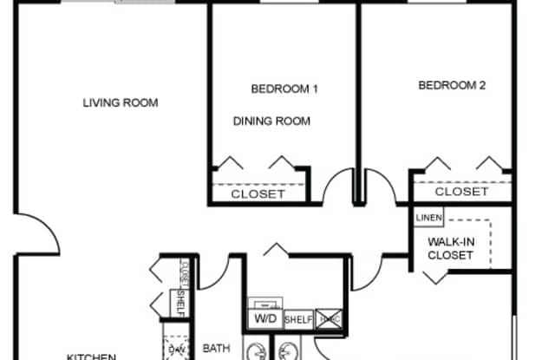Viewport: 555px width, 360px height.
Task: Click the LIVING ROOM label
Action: click(x=121, y=102)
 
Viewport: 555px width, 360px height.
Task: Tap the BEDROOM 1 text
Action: click(x=284, y=88)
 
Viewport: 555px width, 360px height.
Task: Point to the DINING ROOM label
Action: click(x=271, y=121)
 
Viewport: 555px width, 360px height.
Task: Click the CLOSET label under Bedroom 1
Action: click(x=258, y=194)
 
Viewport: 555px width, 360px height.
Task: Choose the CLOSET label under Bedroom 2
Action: click(x=461, y=192)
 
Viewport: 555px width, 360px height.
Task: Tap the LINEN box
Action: click(x=428, y=218)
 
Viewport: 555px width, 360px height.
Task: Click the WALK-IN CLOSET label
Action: click(x=451, y=248)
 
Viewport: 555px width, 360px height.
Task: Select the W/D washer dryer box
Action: click(x=264, y=318)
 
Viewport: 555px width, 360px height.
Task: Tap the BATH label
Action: click(x=216, y=349)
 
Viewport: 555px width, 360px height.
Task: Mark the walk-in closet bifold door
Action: click(x=431, y=276)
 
